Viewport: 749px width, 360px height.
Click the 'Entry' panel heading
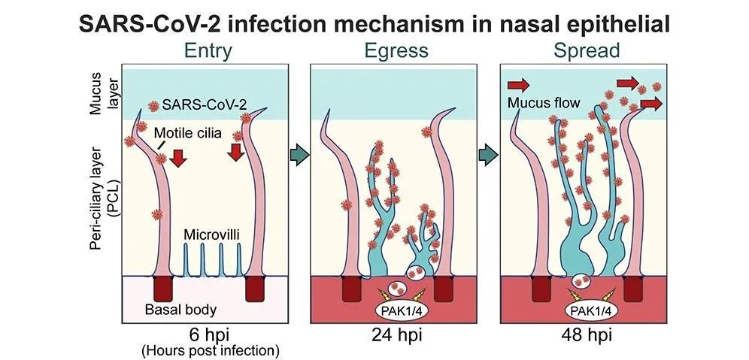tap(208, 51)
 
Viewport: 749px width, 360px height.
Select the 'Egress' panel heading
tap(396, 51)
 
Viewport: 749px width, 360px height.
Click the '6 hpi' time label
tap(209, 334)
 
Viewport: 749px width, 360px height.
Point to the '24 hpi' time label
tap(396, 334)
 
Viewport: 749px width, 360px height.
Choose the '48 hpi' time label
tap(585, 334)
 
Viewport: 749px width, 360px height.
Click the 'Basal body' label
tap(180, 310)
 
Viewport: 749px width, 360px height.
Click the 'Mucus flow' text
tap(544, 103)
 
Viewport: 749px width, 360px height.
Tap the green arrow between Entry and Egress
tap(299, 156)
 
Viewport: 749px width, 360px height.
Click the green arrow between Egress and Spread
tap(488, 156)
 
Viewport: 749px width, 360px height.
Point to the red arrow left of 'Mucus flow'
tap(518, 86)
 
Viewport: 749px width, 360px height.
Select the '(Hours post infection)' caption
tap(210, 351)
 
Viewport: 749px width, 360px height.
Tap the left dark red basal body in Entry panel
tap(163, 289)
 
